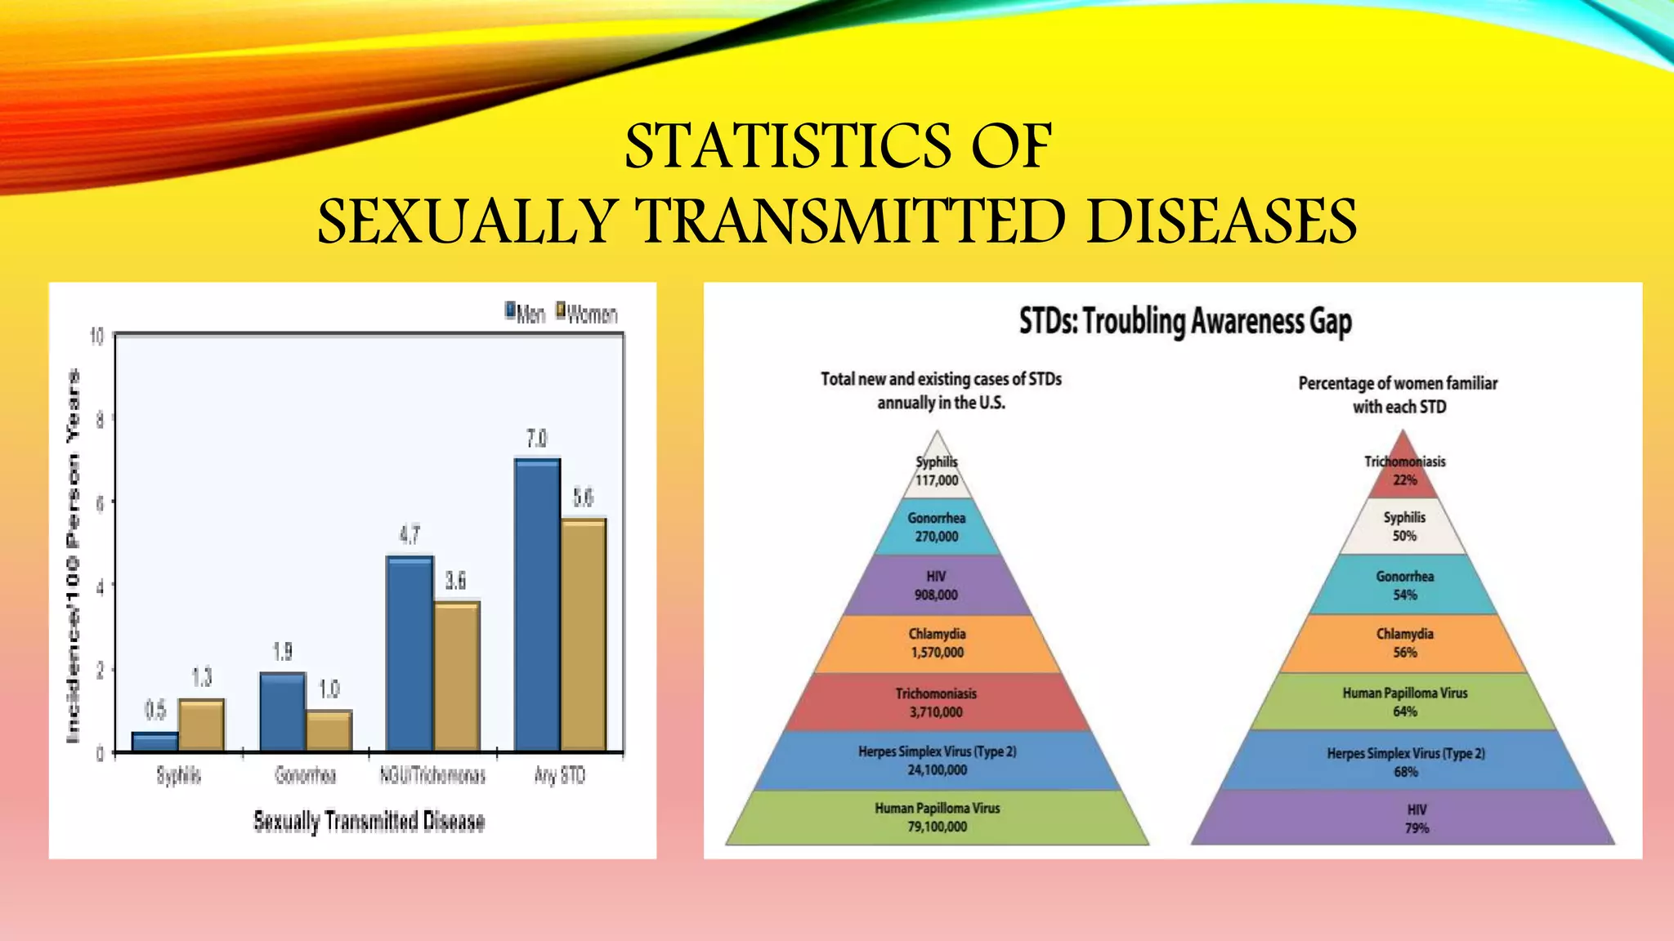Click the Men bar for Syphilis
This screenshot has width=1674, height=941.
click(154, 742)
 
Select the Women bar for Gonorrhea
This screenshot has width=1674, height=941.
click(329, 730)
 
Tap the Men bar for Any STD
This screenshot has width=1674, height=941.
click(537, 604)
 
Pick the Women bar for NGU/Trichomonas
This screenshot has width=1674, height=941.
click(456, 676)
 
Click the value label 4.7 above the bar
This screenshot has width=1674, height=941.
click(410, 535)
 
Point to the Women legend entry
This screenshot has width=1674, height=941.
click(587, 314)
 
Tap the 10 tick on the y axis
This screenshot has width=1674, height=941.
click(96, 337)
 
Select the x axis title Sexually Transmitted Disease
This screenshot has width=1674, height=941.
click(369, 821)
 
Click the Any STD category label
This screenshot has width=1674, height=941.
click(560, 775)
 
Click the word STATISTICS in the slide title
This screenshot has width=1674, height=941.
click(785, 147)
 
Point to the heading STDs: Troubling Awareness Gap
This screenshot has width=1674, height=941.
click(1184, 321)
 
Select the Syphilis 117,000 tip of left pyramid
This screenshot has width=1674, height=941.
click(937, 472)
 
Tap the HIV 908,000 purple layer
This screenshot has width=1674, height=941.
click(937, 585)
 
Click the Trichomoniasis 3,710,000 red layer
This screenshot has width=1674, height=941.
click(937, 702)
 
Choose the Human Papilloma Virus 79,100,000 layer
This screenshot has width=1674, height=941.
click(937, 818)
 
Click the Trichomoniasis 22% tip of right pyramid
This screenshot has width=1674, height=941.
click(1403, 472)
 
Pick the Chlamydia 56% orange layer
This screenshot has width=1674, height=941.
click(1403, 643)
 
